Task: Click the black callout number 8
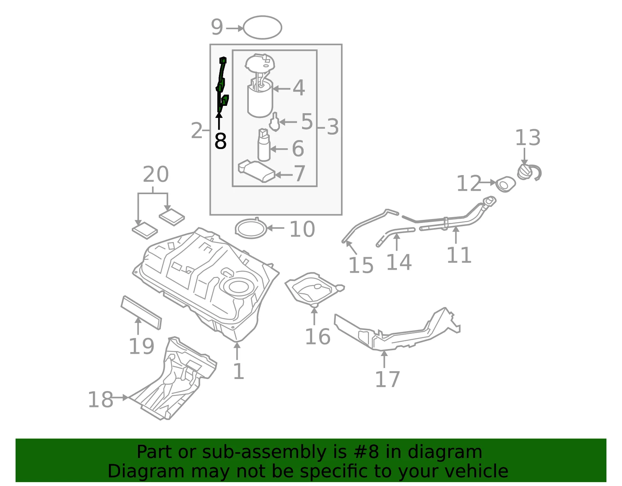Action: click(220, 141)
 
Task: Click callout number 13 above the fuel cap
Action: click(528, 138)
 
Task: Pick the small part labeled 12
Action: click(505, 184)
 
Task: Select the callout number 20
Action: click(156, 174)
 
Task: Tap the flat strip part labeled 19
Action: click(141, 312)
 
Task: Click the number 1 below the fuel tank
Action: click(238, 372)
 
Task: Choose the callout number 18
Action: click(100, 400)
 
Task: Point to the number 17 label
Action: click(387, 379)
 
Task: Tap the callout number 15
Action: click(361, 265)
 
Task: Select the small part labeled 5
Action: click(274, 122)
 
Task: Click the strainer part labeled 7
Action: click(257, 171)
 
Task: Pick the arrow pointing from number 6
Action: click(279, 149)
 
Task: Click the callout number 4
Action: click(299, 88)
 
